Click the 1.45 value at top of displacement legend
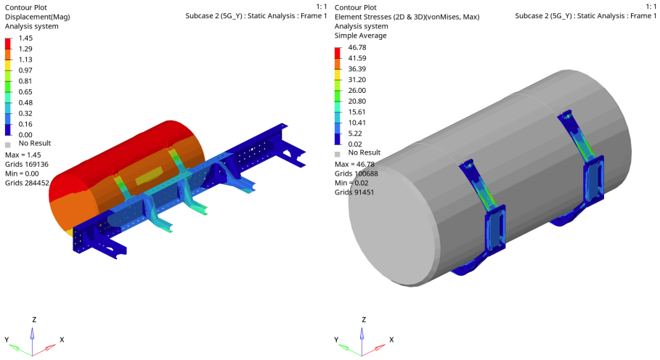[x=25, y=38]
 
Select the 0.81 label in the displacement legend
[x=25, y=81]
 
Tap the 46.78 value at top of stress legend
[x=357, y=47]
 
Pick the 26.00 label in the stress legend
[x=357, y=91]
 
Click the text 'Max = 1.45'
[x=23, y=155]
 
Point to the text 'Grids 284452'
[x=27, y=183]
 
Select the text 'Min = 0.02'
[x=352, y=183]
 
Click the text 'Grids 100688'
[x=357, y=173]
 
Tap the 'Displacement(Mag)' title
[x=38, y=17]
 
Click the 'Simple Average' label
[x=361, y=36]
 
